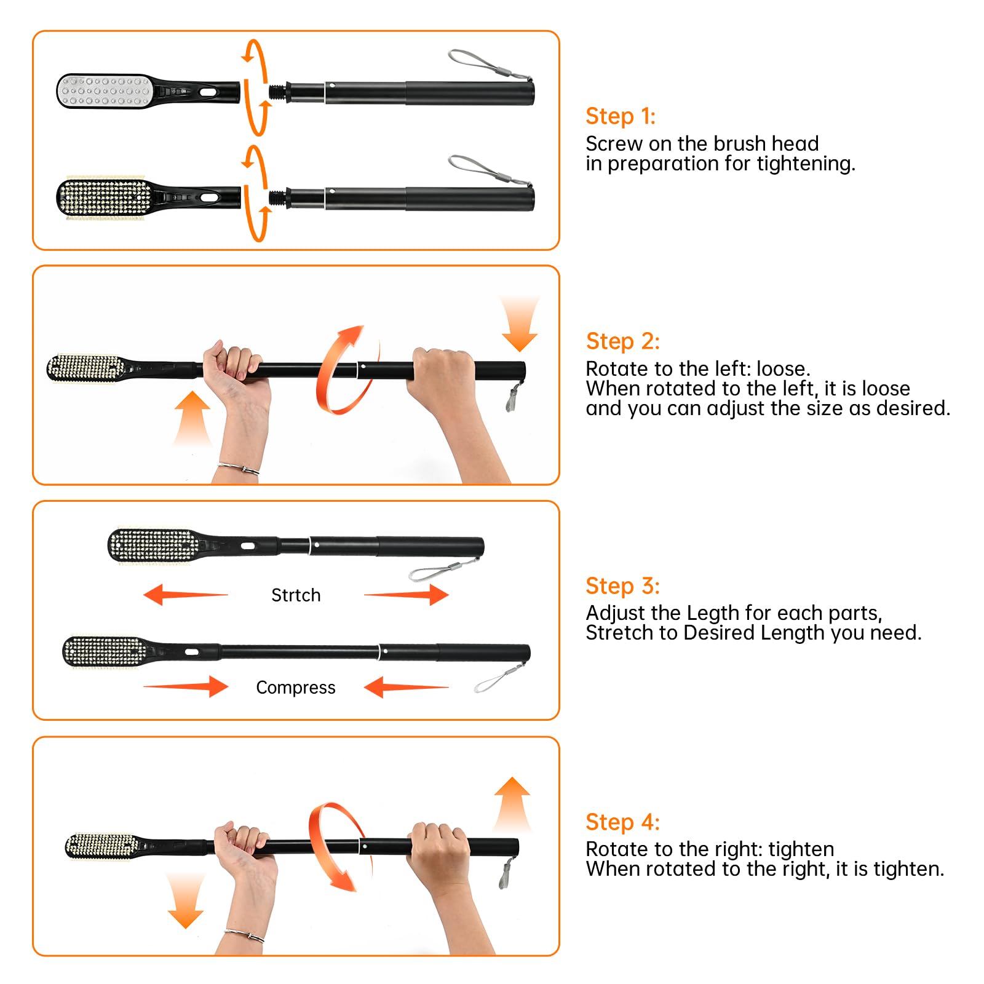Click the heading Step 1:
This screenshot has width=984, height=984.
pos(621,116)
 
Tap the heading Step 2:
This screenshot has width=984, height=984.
pos(622,341)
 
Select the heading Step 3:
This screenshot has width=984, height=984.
pos(622,586)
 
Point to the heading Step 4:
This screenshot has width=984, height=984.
pos(622,822)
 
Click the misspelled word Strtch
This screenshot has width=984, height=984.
pos(296,595)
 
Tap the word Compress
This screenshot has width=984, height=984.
pos(296,688)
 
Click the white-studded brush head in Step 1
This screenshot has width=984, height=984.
pos(105,91)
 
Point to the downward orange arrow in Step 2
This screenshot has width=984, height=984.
pos(520,323)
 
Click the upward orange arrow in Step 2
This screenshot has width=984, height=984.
pos(192,418)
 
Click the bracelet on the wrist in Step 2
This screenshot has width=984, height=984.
pos(239,468)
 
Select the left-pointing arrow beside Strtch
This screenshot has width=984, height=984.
pos(185,595)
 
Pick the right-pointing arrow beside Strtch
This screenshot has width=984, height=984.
pos(407,595)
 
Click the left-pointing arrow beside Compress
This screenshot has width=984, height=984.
pos(407,687)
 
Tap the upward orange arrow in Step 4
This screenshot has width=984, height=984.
pos(512,804)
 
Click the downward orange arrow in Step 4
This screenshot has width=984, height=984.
pos(185,901)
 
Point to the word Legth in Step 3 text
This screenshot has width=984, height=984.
pos(713,614)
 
